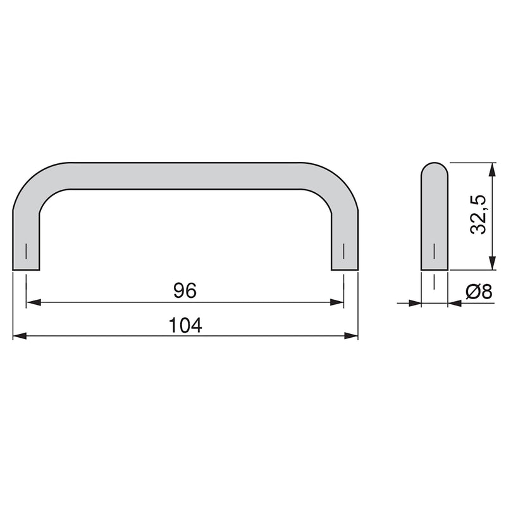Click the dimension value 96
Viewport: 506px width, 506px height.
point(185,290)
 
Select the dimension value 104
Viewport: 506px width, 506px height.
point(185,325)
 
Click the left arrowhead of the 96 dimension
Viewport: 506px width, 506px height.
point(32,303)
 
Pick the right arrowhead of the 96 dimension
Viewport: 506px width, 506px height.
point(338,303)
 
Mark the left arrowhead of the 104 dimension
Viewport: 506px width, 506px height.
point(19,336)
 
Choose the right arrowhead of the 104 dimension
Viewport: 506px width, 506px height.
point(352,336)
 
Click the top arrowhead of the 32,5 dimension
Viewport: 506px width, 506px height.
point(491,168)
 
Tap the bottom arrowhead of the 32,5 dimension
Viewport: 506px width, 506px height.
point(491,264)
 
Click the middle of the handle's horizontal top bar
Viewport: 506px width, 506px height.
point(185,175)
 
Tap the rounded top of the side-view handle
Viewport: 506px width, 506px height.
point(435,170)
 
